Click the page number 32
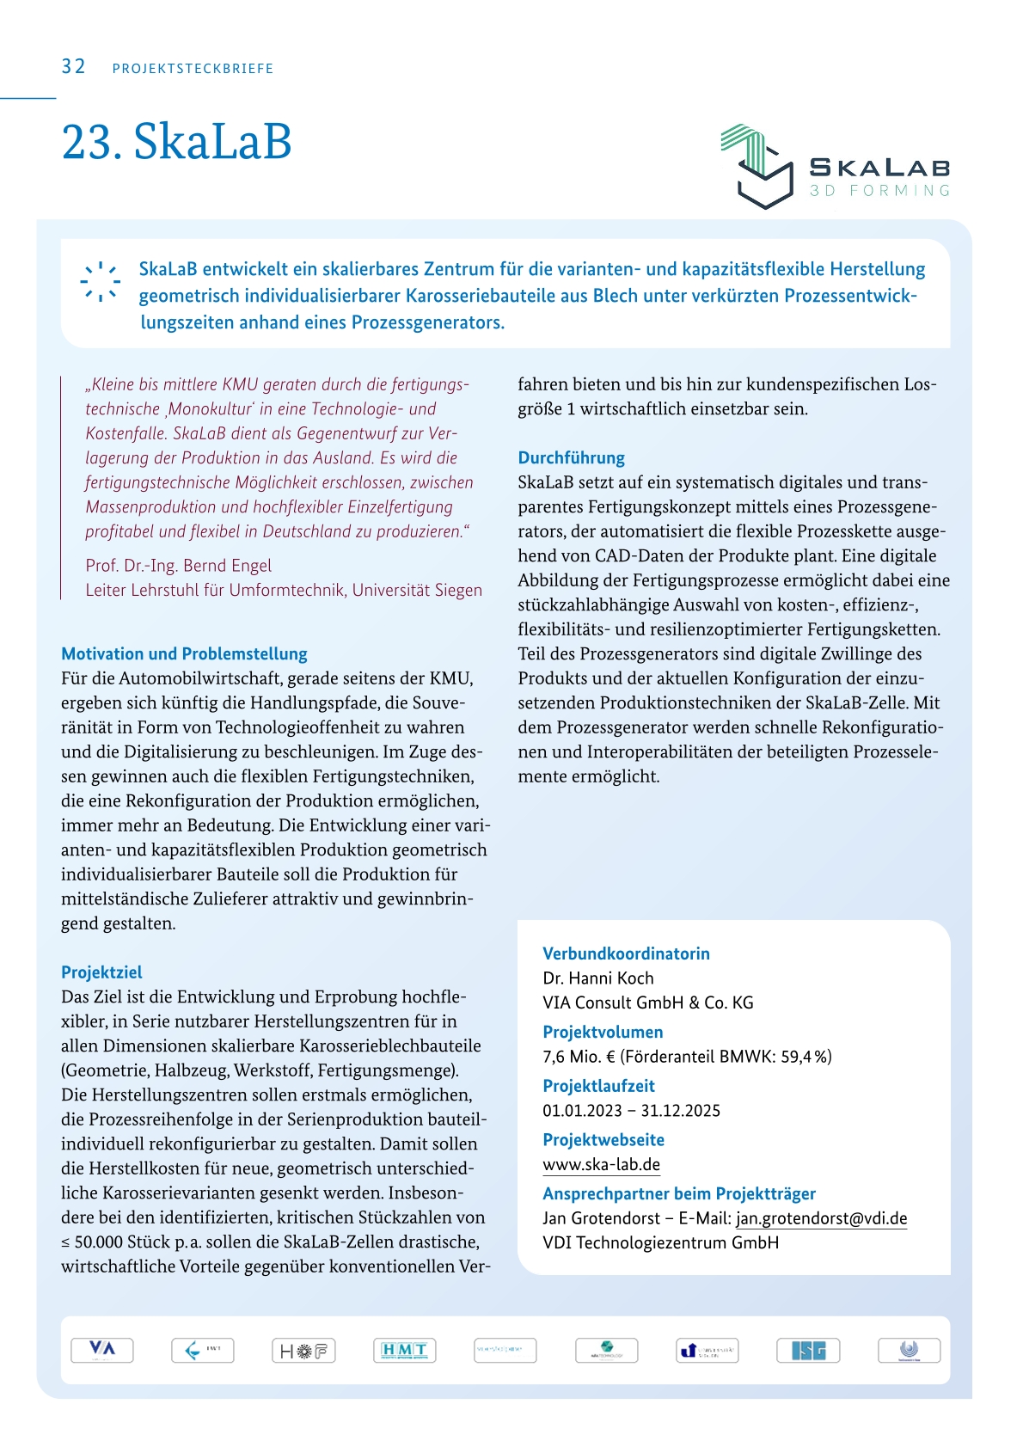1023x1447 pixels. [x=73, y=67]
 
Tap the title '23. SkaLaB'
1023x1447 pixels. [x=176, y=142]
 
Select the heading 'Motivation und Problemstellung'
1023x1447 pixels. [x=184, y=653]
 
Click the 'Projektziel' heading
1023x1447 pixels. [x=101, y=972]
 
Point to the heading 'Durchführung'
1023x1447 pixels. [x=571, y=457]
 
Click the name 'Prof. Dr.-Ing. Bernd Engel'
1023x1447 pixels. [x=178, y=566]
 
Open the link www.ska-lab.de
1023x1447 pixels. [x=601, y=1165]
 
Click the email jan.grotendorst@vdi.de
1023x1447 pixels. [x=821, y=1218]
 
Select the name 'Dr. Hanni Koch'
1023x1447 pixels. [x=597, y=978]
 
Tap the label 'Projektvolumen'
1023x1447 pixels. [x=603, y=1032]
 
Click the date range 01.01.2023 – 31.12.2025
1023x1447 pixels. [x=631, y=1111]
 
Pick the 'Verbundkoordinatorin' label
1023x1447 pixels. [x=626, y=953]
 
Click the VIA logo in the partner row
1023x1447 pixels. [x=102, y=1350]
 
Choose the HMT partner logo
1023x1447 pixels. [x=405, y=1350]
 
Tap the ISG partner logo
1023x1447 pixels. [x=808, y=1350]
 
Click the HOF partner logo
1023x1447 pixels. [x=303, y=1350]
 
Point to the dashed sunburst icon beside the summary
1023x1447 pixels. [x=101, y=281]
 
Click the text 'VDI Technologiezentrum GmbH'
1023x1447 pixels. [x=660, y=1243]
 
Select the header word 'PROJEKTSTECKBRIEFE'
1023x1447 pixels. [x=193, y=69]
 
